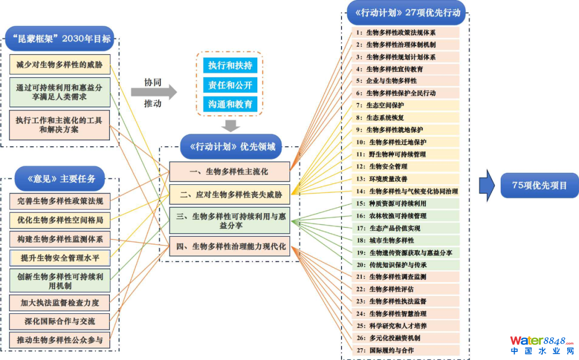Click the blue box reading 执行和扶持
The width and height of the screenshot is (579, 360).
[x=230, y=66]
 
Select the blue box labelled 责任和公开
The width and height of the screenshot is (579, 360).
[x=230, y=85]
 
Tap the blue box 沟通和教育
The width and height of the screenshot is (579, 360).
[x=230, y=104]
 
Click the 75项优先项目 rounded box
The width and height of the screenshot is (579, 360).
[x=539, y=185]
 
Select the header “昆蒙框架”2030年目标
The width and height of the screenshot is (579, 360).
[x=60, y=39]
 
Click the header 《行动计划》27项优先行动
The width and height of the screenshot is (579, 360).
[x=406, y=13]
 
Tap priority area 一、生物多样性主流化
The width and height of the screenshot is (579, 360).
[x=229, y=171]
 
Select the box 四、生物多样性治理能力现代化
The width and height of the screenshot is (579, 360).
[x=229, y=247]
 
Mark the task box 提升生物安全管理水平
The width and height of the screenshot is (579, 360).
[x=60, y=258]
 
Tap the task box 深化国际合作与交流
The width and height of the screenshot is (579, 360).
[x=60, y=321]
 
